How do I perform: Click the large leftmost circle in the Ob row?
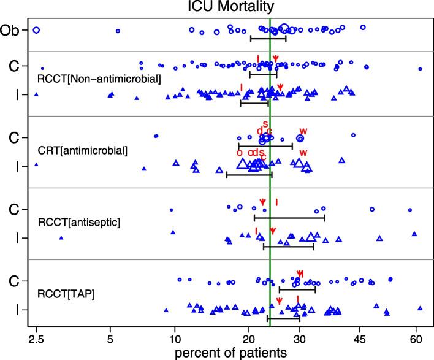click(36, 29)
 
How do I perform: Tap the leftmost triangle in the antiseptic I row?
click(61, 237)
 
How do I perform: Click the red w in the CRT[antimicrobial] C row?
click(302, 131)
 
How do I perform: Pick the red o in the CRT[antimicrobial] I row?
click(239, 152)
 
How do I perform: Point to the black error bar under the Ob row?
click(268, 39)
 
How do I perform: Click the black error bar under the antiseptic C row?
click(289, 218)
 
